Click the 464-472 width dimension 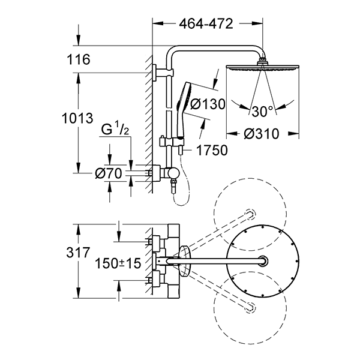(206, 23)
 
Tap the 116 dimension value (79, 59)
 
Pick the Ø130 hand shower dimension (207, 104)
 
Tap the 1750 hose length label (207, 150)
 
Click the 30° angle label (263, 110)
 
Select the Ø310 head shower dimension (263, 134)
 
